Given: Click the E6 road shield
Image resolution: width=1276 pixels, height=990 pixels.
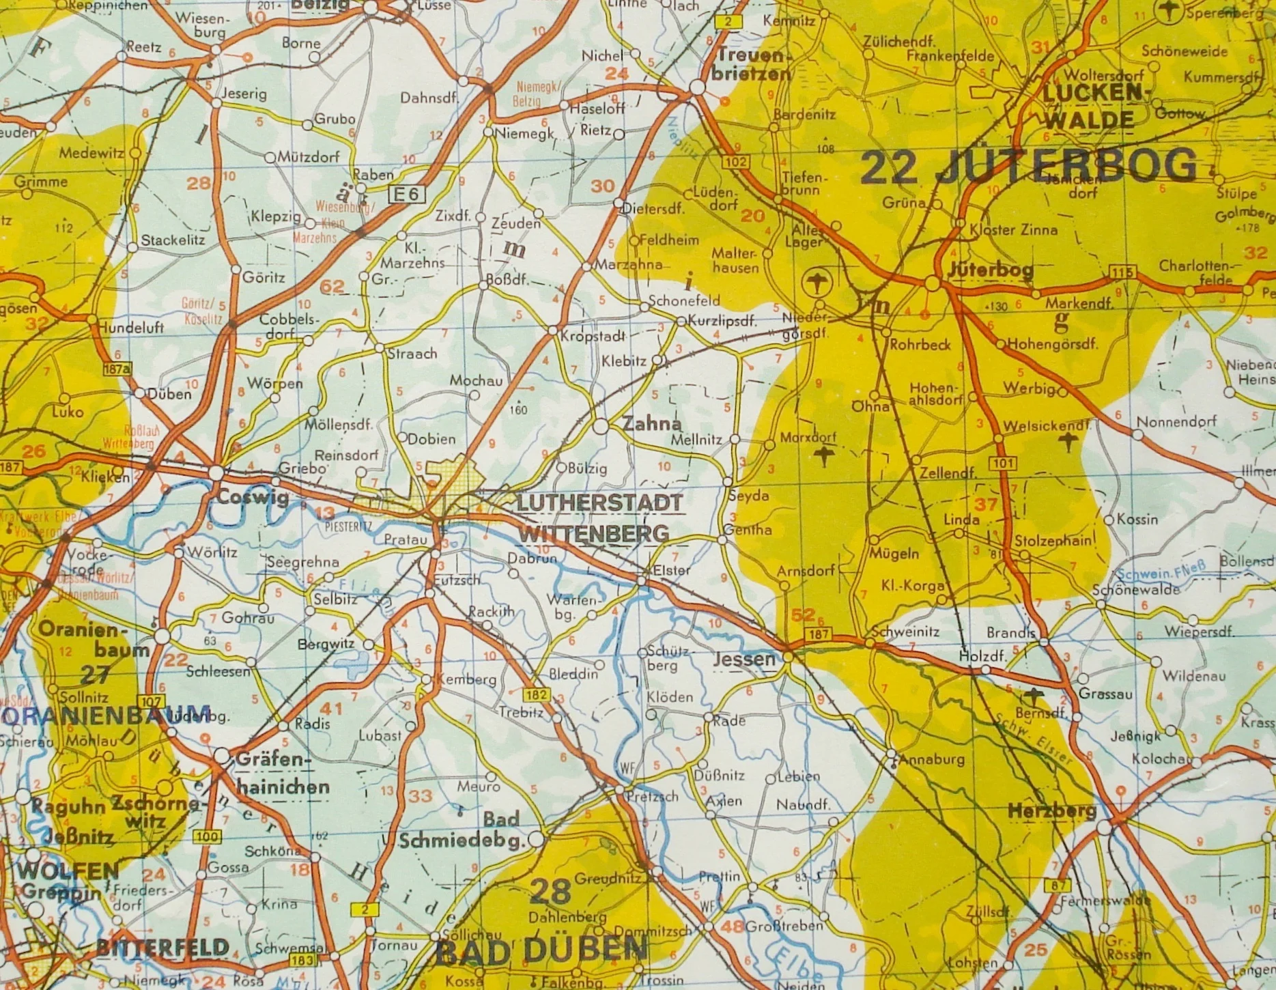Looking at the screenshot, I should (x=406, y=195).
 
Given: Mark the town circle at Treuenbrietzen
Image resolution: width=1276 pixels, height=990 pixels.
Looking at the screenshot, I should (x=697, y=87).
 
